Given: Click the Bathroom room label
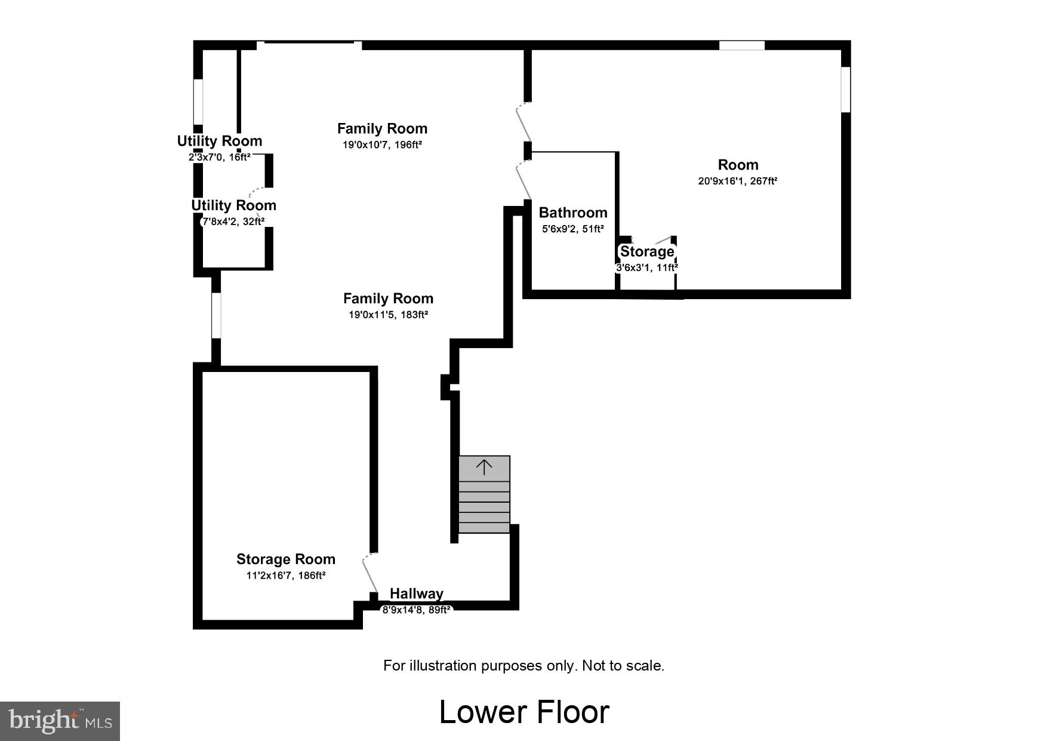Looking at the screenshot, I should tap(572, 213).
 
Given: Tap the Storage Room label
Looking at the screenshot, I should tap(285, 559).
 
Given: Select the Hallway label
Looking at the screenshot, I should tap(416, 594).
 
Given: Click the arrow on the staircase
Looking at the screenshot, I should tap(484, 467).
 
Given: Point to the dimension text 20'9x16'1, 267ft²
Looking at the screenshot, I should tap(738, 181).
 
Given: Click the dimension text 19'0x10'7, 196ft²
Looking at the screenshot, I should tap(382, 144).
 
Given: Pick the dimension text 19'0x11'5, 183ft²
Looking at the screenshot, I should tap(388, 315).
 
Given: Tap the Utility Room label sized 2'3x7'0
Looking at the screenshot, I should tap(219, 142).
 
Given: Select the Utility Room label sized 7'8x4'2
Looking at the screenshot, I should tap(233, 205).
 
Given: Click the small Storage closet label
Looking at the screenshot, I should tap(647, 251).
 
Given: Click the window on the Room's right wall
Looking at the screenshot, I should tap(845, 90).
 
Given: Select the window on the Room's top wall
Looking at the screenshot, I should tap(741, 45).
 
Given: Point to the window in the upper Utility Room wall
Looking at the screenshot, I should tap(198, 102).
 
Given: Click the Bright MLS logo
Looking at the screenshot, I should tap(60, 721).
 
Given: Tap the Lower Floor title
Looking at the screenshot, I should tap(523, 712).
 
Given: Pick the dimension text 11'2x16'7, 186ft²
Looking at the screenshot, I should tap(285, 576).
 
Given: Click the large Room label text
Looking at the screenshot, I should tap(738, 165).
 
